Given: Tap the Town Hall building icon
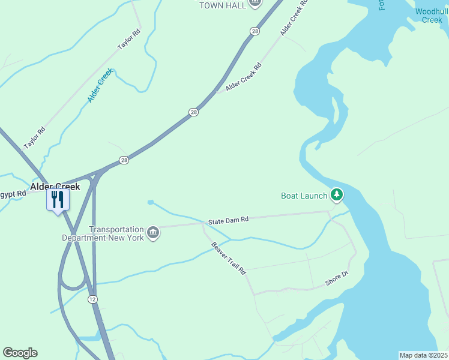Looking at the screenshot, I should [255, 3].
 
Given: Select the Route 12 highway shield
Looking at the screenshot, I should [92, 299].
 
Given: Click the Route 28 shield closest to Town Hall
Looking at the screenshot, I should [255, 31].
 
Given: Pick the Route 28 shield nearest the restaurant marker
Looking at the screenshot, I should [124, 160].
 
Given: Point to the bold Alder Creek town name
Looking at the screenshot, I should [55, 187].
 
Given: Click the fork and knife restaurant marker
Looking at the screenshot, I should [58, 200].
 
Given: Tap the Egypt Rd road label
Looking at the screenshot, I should [13, 194].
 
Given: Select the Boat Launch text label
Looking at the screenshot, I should [304, 196].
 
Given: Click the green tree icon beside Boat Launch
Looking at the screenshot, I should [337, 194].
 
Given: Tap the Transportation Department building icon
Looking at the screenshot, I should [153, 233].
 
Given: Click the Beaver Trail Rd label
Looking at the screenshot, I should [229, 259].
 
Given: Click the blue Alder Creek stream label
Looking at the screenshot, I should [100, 85].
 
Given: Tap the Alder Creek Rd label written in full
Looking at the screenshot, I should [244, 78].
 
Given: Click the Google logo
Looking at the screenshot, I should [20, 353].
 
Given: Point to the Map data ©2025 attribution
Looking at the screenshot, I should [423, 355].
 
